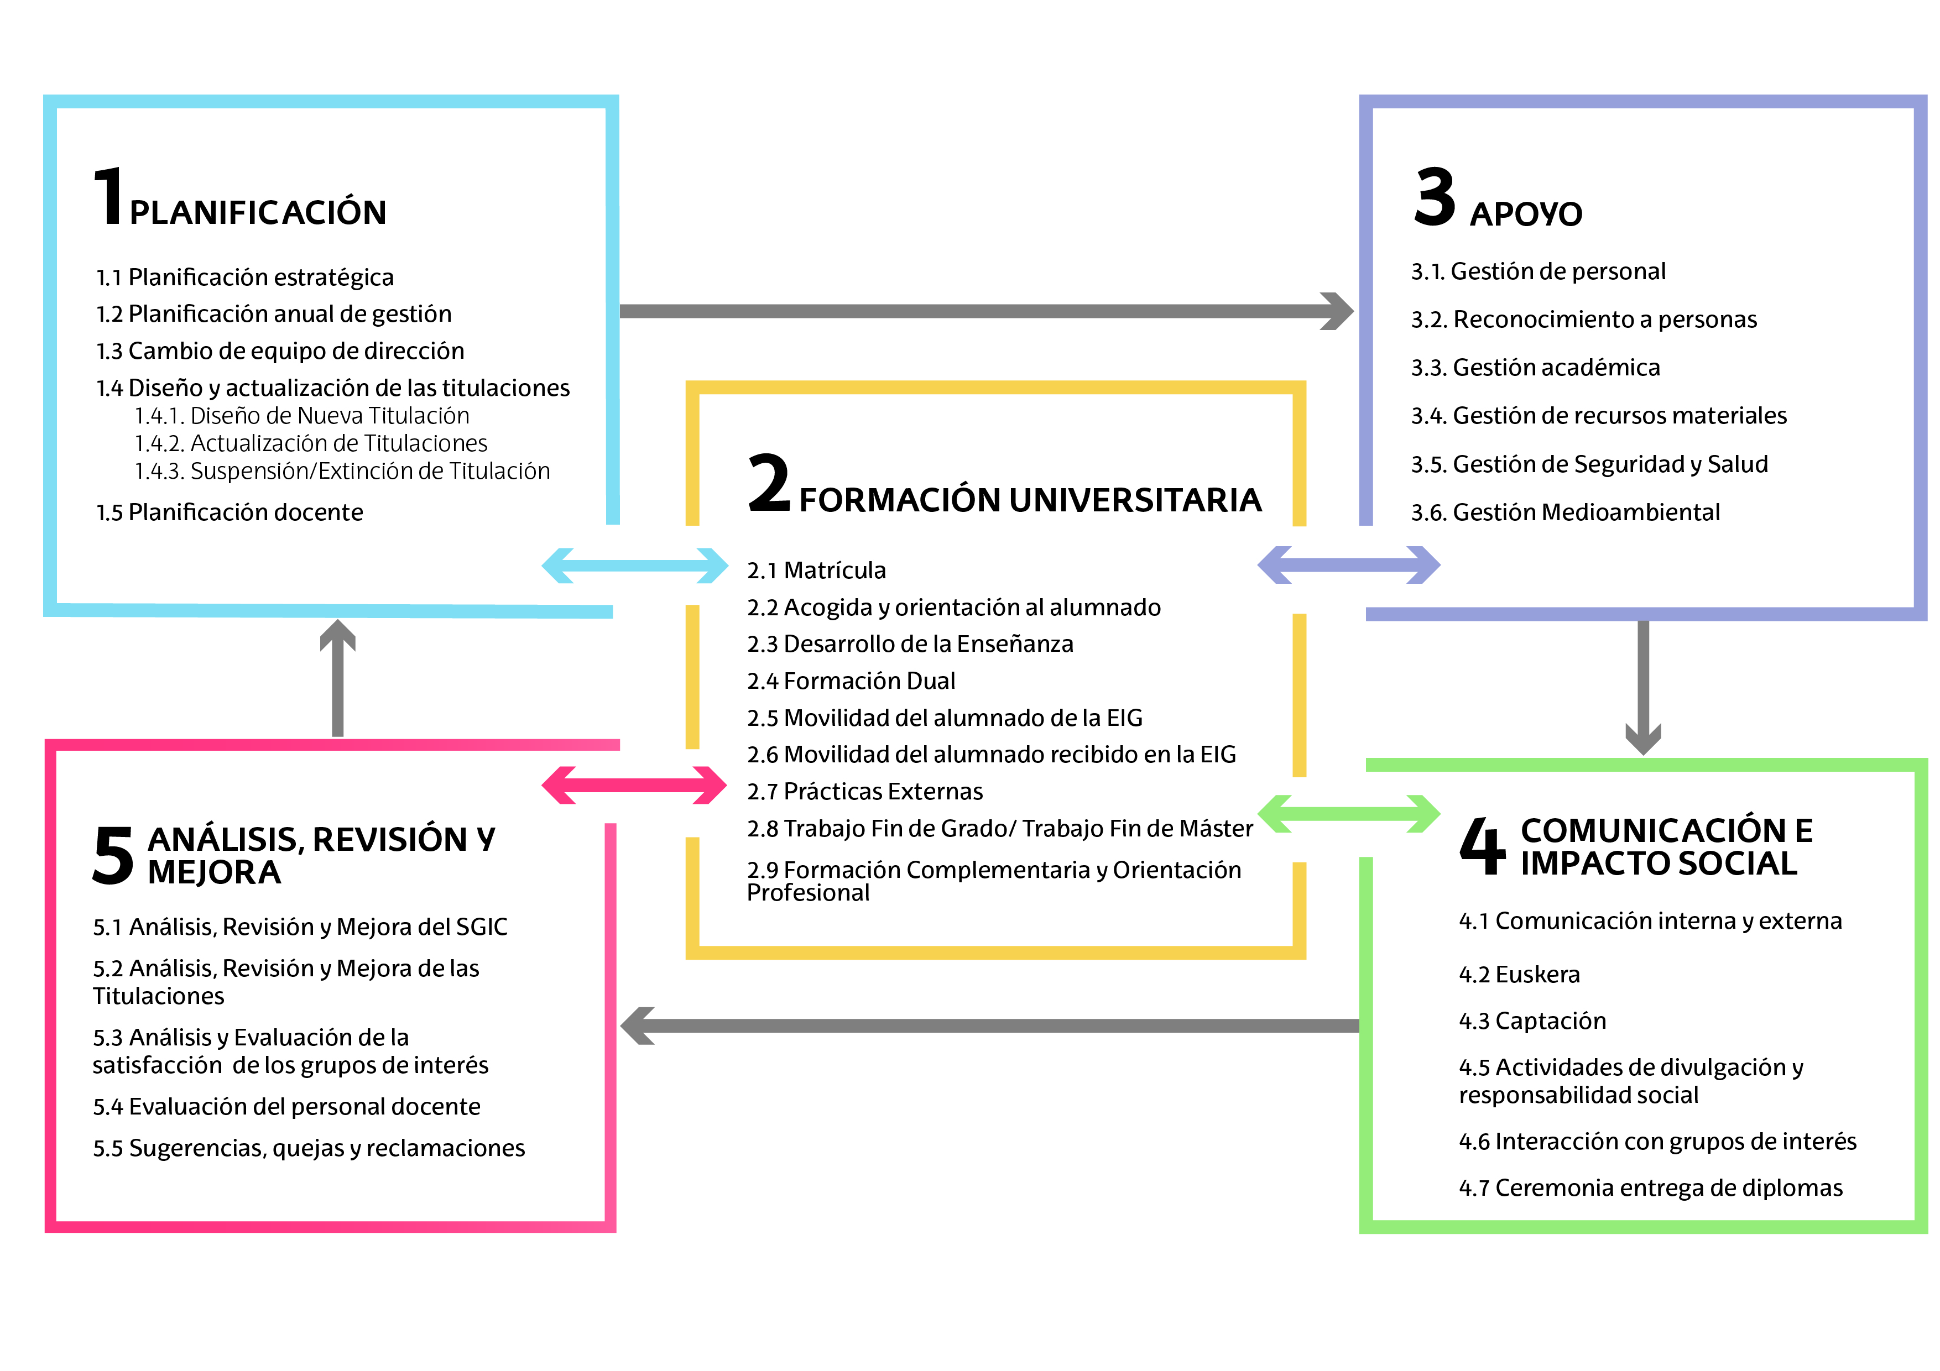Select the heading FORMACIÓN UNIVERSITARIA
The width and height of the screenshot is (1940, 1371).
click(x=1029, y=500)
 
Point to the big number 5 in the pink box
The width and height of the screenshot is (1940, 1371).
click(x=112, y=856)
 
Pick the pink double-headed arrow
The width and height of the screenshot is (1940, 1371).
click(x=634, y=785)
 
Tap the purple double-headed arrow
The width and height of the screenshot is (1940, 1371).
click(x=1348, y=564)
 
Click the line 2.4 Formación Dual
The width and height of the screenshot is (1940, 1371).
click(x=851, y=681)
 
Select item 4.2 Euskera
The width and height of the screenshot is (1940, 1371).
click(x=1519, y=975)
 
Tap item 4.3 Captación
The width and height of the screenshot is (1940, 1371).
click(x=1532, y=1021)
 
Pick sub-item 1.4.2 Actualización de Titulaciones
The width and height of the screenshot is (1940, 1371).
click(x=311, y=443)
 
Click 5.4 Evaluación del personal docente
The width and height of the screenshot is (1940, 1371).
click(x=286, y=1107)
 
